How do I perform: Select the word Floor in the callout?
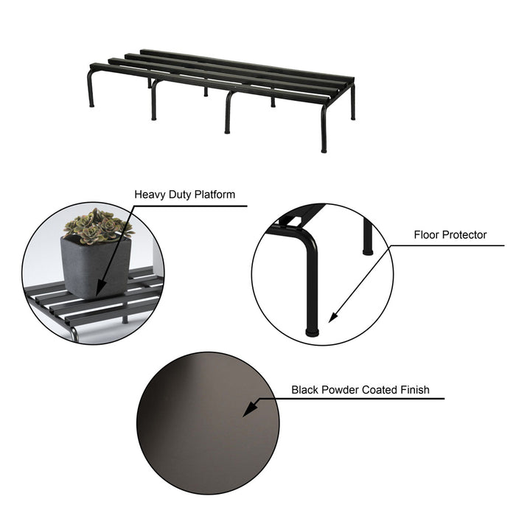[427, 235]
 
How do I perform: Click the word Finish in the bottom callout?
[414, 390]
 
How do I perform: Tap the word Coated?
[377, 390]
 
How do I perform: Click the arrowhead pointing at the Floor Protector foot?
[332, 318]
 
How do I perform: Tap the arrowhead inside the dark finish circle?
[249, 410]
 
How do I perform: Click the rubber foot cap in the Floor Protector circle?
[313, 332]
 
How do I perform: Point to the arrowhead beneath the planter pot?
[99, 292]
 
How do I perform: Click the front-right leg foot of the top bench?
[324, 150]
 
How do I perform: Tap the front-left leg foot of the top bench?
[92, 105]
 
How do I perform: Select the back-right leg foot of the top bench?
[352, 117]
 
